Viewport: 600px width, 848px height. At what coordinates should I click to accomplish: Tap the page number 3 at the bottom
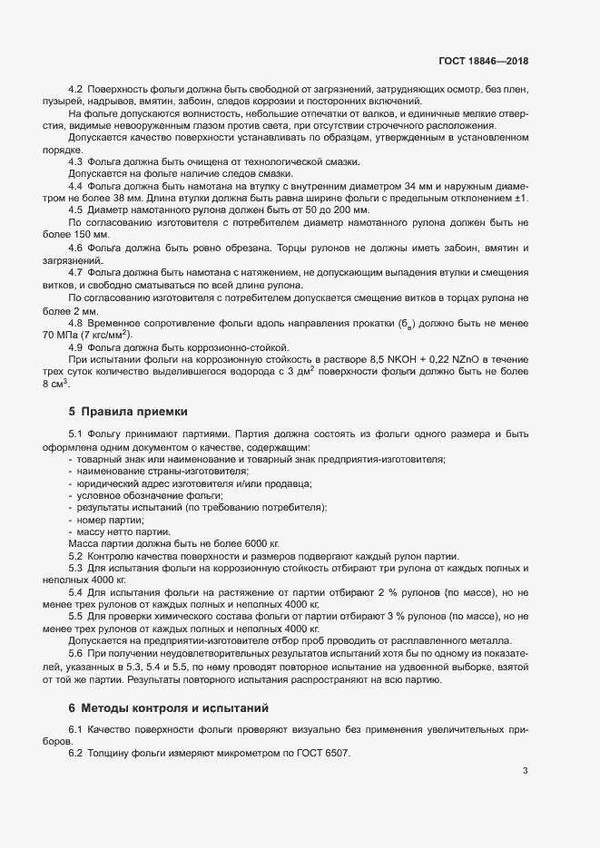click(x=525, y=772)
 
